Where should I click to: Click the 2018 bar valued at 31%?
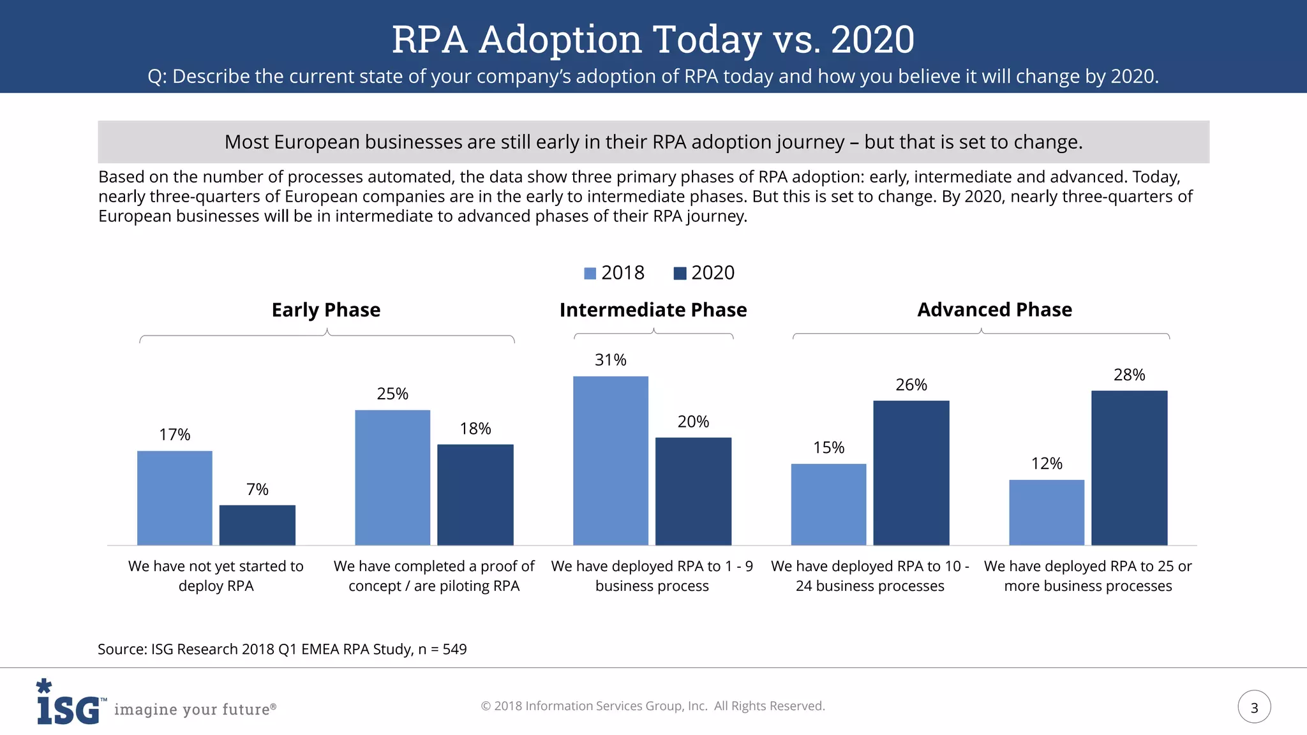(x=610, y=461)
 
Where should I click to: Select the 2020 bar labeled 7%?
(x=257, y=525)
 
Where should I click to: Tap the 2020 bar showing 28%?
(x=1129, y=468)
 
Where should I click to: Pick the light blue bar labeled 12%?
(x=1047, y=512)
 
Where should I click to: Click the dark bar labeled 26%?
(x=911, y=473)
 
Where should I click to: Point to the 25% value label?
(x=392, y=394)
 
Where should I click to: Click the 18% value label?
(x=475, y=429)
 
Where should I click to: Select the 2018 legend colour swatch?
(x=590, y=274)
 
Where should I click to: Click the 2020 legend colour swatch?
(x=680, y=274)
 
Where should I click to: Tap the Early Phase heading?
(x=326, y=310)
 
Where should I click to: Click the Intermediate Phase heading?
(x=653, y=310)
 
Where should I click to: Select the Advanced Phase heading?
(x=994, y=310)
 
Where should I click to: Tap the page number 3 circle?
(x=1254, y=707)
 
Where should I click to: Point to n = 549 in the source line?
(x=442, y=650)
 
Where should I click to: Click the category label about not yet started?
(x=216, y=575)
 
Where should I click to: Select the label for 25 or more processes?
(x=1087, y=575)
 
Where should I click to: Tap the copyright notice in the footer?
(x=652, y=706)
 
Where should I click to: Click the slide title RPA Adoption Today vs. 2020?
(x=653, y=40)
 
